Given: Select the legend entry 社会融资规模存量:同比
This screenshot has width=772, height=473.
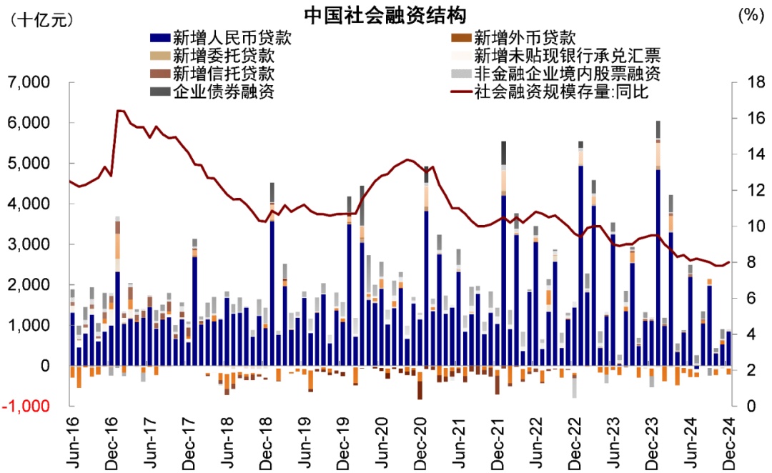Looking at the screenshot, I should (x=562, y=91).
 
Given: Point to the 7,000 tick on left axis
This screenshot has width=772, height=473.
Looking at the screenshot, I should (x=29, y=83).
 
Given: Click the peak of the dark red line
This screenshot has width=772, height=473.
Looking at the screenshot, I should (x=119, y=111).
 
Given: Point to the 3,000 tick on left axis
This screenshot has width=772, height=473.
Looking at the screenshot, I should (x=29, y=245).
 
